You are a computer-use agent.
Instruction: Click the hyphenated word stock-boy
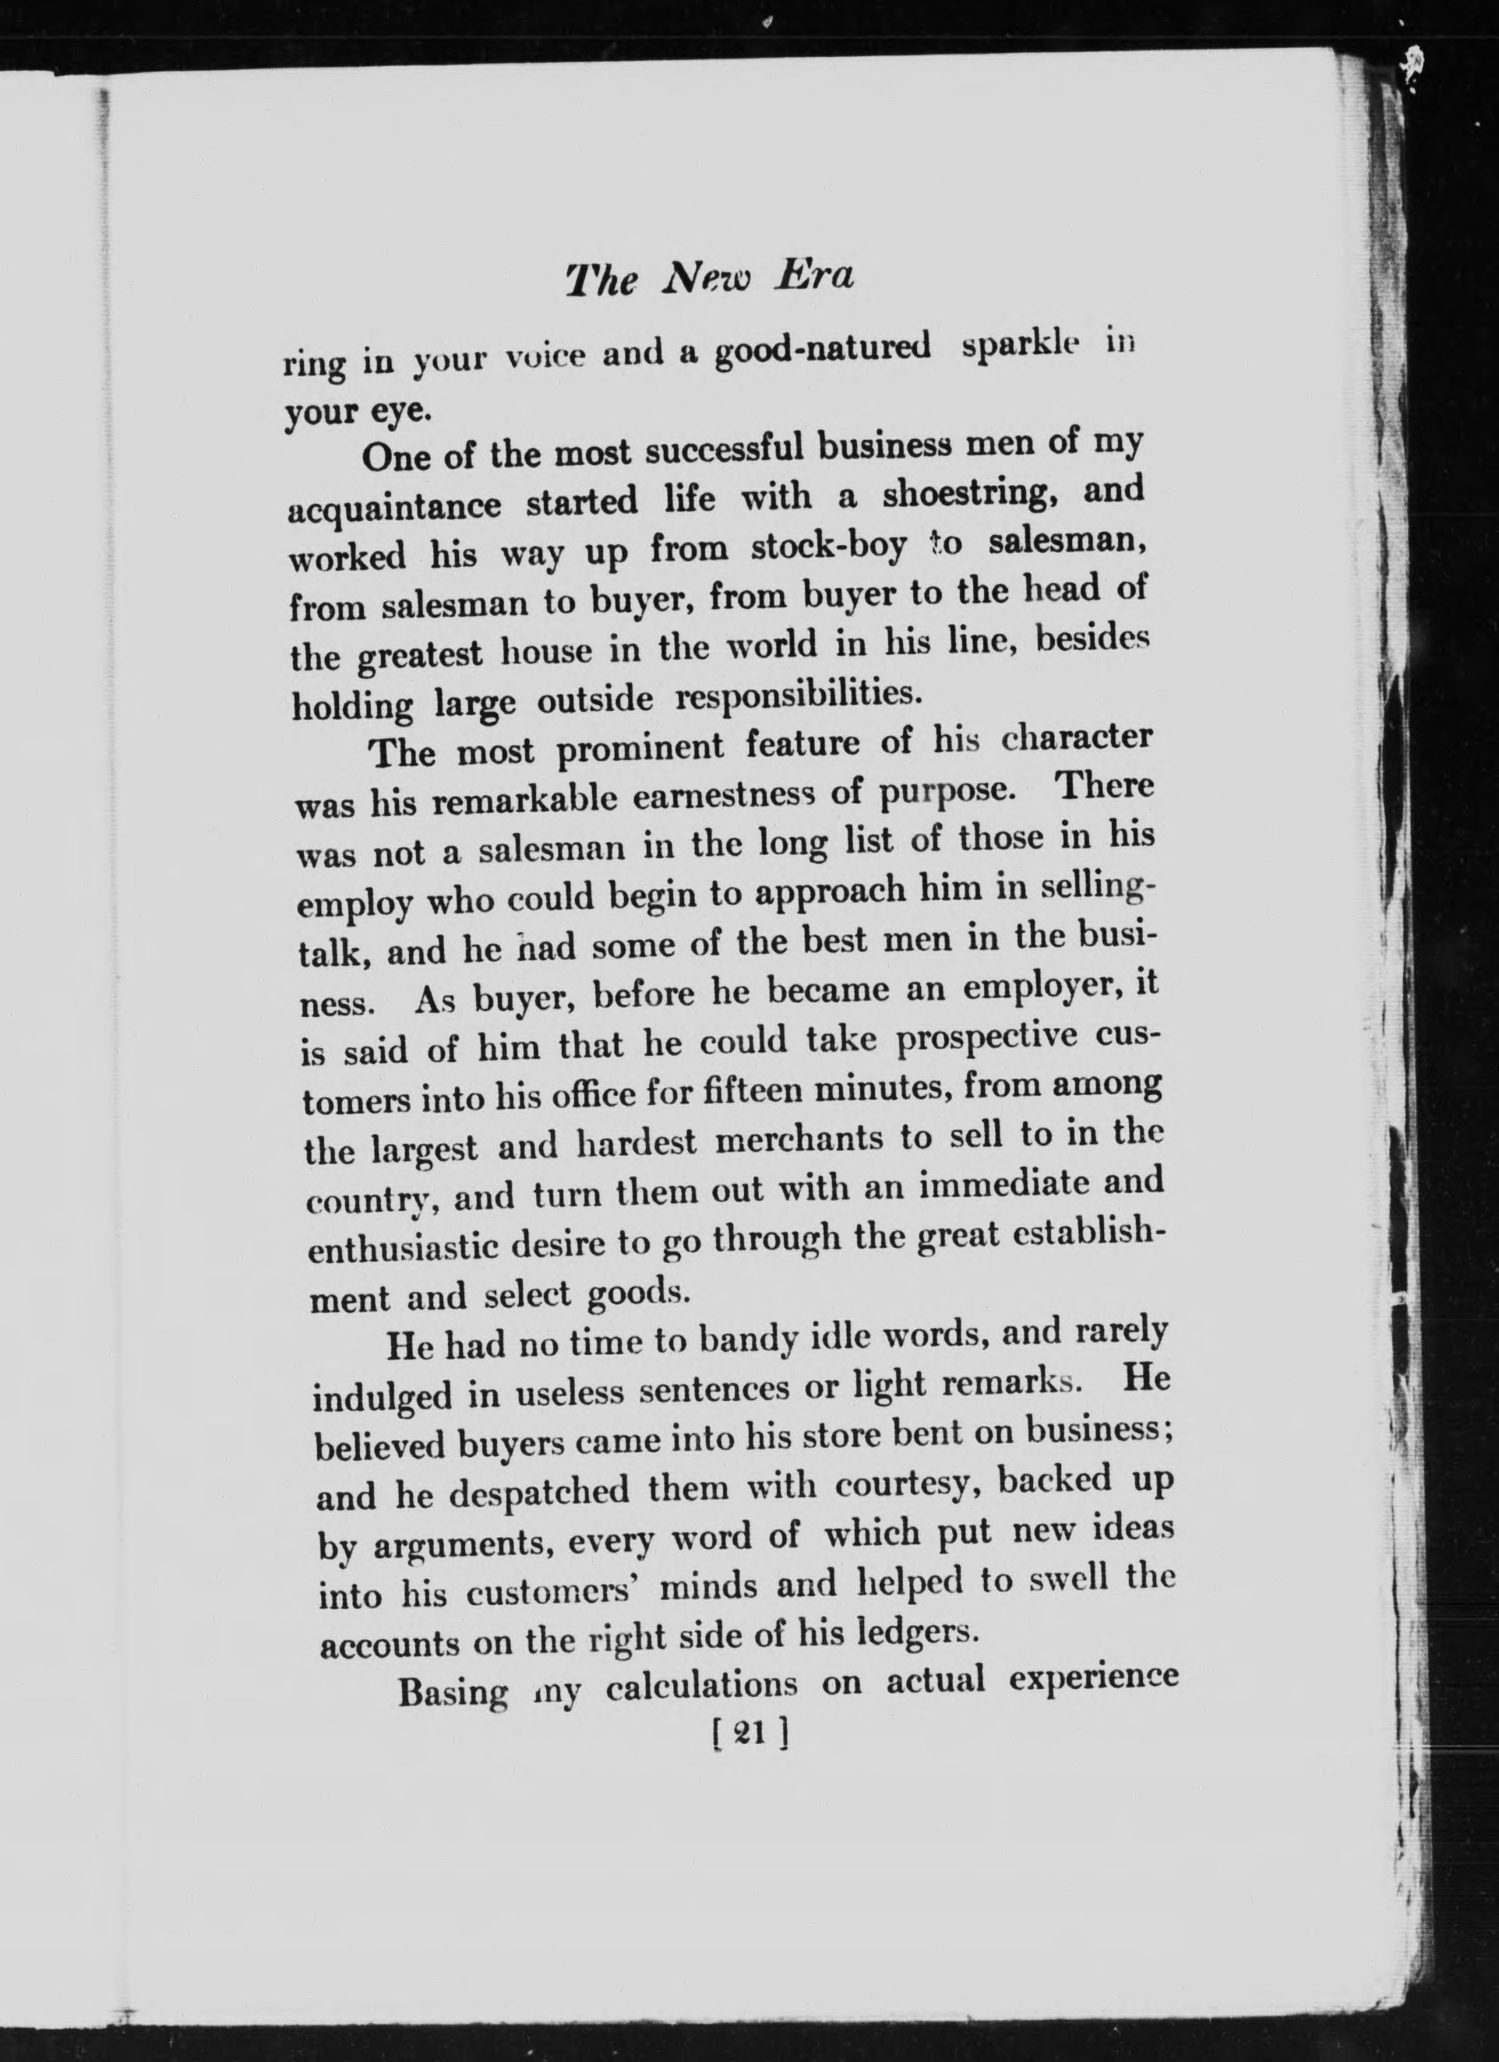(x=830, y=547)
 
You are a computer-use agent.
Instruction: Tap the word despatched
(x=526, y=1492)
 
